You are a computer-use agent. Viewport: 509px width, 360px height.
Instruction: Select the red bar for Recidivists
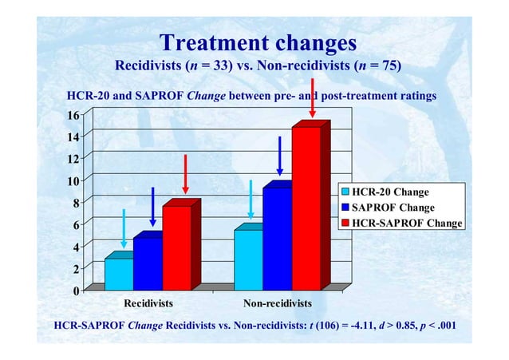176,247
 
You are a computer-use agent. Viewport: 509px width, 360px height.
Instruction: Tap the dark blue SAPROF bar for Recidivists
148,263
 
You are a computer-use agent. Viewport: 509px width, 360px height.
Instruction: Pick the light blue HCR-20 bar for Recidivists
119,273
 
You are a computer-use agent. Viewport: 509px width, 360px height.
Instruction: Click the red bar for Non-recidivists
306,208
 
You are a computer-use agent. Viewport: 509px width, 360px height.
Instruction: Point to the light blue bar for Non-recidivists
248,259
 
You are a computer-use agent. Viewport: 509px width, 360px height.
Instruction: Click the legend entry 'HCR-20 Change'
390,192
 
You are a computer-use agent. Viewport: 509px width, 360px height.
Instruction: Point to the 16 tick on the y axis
72,115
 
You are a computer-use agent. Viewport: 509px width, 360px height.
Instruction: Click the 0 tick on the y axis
75,291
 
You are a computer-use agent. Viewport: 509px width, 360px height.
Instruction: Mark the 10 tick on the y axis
72,181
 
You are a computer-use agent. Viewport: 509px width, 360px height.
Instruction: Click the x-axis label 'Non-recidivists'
277,304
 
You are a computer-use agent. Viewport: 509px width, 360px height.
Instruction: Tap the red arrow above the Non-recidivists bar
312,100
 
